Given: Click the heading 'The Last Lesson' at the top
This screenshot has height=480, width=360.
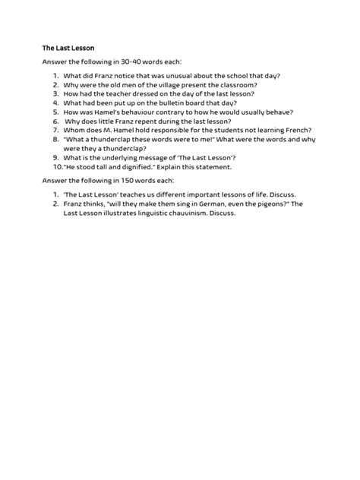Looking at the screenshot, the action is point(68,48).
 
